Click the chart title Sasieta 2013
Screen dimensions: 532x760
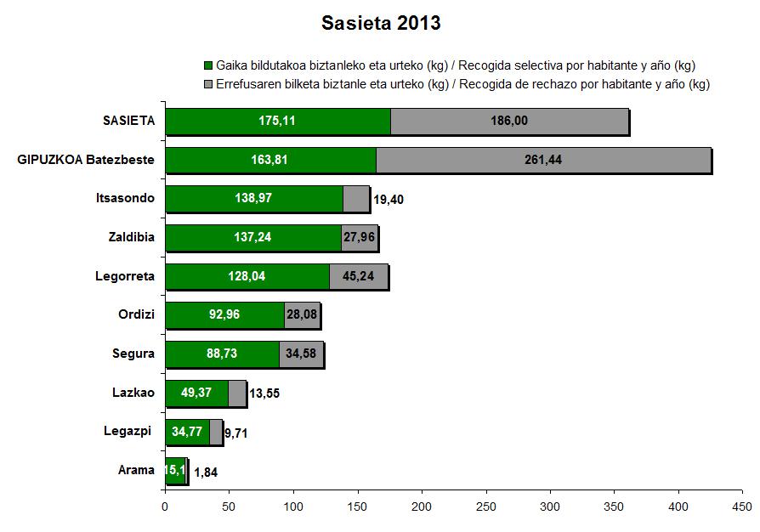pyautogui.click(x=381, y=23)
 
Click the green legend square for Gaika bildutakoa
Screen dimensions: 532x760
pyautogui.click(x=208, y=65)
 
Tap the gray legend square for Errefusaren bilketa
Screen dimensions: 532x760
pyautogui.click(x=208, y=84)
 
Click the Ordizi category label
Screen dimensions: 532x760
pyautogui.click(x=136, y=315)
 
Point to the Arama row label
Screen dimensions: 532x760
pyautogui.click(x=136, y=470)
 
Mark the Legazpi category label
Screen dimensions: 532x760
pyautogui.click(x=132, y=432)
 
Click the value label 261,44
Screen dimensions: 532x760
pyautogui.click(x=544, y=160)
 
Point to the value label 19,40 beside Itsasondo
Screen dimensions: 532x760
pyautogui.click(x=388, y=199)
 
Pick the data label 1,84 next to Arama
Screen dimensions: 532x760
pyautogui.click(x=207, y=472)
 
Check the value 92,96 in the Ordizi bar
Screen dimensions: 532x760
pyautogui.click(x=225, y=315)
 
